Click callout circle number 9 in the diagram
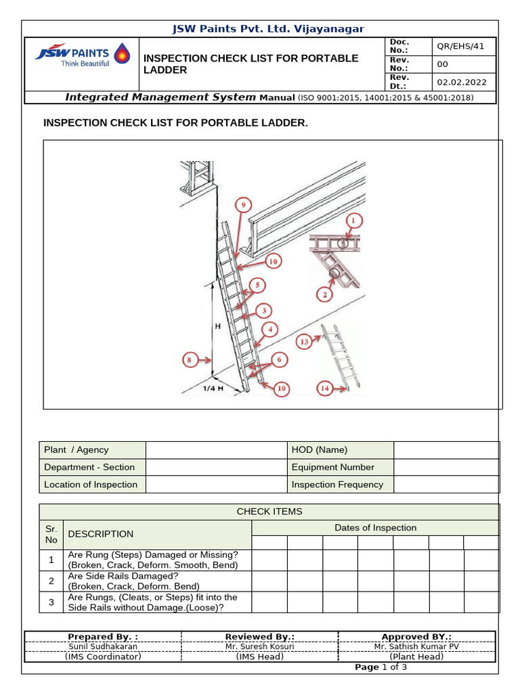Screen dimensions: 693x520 click(x=242, y=204)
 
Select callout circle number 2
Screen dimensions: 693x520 click(x=325, y=294)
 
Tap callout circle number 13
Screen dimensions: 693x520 click(x=304, y=342)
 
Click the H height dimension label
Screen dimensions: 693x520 click(x=217, y=326)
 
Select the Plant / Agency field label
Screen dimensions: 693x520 click(x=76, y=450)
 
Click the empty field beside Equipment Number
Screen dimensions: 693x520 click(x=446, y=467)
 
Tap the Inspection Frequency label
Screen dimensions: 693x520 click(x=337, y=485)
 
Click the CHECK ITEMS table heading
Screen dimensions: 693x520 click(x=269, y=512)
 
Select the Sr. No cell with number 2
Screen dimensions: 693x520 click(x=51, y=581)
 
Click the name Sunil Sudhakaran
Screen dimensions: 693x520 click(x=103, y=646)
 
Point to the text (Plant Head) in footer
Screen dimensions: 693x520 click(x=416, y=656)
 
